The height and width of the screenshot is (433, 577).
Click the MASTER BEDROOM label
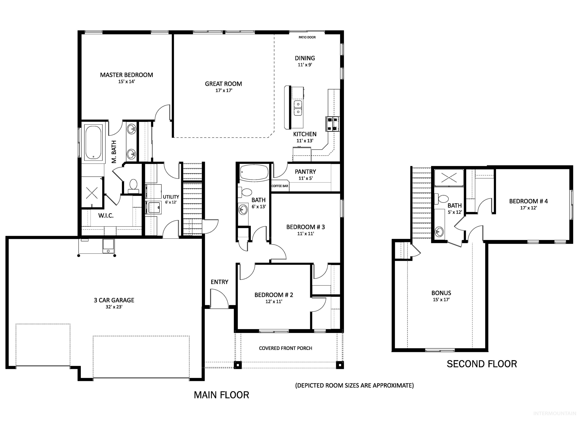pyautogui.click(x=127, y=75)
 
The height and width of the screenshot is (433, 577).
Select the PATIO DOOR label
pyautogui.click(x=307, y=37)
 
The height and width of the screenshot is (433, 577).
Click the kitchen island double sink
pyautogui.click(x=298, y=108)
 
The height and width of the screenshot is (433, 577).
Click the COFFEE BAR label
pyautogui.click(x=280, y=186)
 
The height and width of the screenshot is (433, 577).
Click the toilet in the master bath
pyautogui.click(x=134, y=185)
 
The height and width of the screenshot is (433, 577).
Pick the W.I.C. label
pyautogui.click(x=106, y=216)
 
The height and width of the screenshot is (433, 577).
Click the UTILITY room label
pyautogui.click(x=171, y=197)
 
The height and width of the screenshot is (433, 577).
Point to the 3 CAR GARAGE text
pyautogui.click(x=114, y=300)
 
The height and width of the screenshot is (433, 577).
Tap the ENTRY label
pyautogui.click(x=219, y=282)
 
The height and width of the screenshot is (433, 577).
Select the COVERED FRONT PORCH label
pyautogui.click(x=285, y=348)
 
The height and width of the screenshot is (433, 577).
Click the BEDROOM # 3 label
pyautogui.click(x=305, y=227)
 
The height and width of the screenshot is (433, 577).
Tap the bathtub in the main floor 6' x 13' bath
pyautogui.click(x=254, y=172)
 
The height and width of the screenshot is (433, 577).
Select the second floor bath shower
pyautogui.click(x=449, y=177)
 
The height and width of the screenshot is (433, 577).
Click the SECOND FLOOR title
pyautogui.click(x=482, y=364)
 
